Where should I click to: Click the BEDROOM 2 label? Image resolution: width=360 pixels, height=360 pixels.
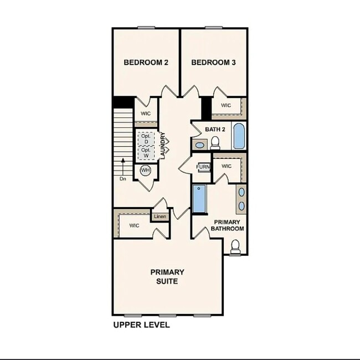click(x=146, y=63)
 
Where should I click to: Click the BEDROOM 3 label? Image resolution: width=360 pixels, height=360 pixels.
click(x=214, y=63)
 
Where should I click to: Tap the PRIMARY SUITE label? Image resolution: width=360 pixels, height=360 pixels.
click(x=167, y=276)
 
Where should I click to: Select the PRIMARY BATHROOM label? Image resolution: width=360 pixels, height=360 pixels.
click(x=228, y=225)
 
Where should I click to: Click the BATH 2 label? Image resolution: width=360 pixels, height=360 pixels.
click(x=215, y=129)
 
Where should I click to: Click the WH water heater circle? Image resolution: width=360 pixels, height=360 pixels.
click(x=145, y=171)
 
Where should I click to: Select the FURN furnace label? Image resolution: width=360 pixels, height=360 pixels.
click(x=202, y=166)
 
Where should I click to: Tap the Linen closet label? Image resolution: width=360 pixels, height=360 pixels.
click(x=160, y=217)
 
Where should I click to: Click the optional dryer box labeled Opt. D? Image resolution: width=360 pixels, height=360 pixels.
click(x=146, y=138)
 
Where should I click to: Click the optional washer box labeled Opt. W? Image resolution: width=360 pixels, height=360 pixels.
click(x=146, y=152)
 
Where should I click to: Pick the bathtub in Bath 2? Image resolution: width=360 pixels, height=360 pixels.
click(x=239, y=136)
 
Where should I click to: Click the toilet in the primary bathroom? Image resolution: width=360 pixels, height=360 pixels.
click(x=235, y=246)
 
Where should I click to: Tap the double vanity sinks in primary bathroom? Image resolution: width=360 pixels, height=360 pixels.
click(x=241, y=200)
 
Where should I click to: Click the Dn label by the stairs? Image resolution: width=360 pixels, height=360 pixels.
click(x=122, y=179)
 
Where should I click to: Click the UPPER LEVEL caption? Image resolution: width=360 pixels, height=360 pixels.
click(x=141, y=325)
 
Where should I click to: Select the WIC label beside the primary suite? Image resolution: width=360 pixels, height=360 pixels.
click(x=134, y=225)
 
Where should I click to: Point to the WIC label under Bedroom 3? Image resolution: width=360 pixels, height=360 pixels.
click(x=226, y=105)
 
